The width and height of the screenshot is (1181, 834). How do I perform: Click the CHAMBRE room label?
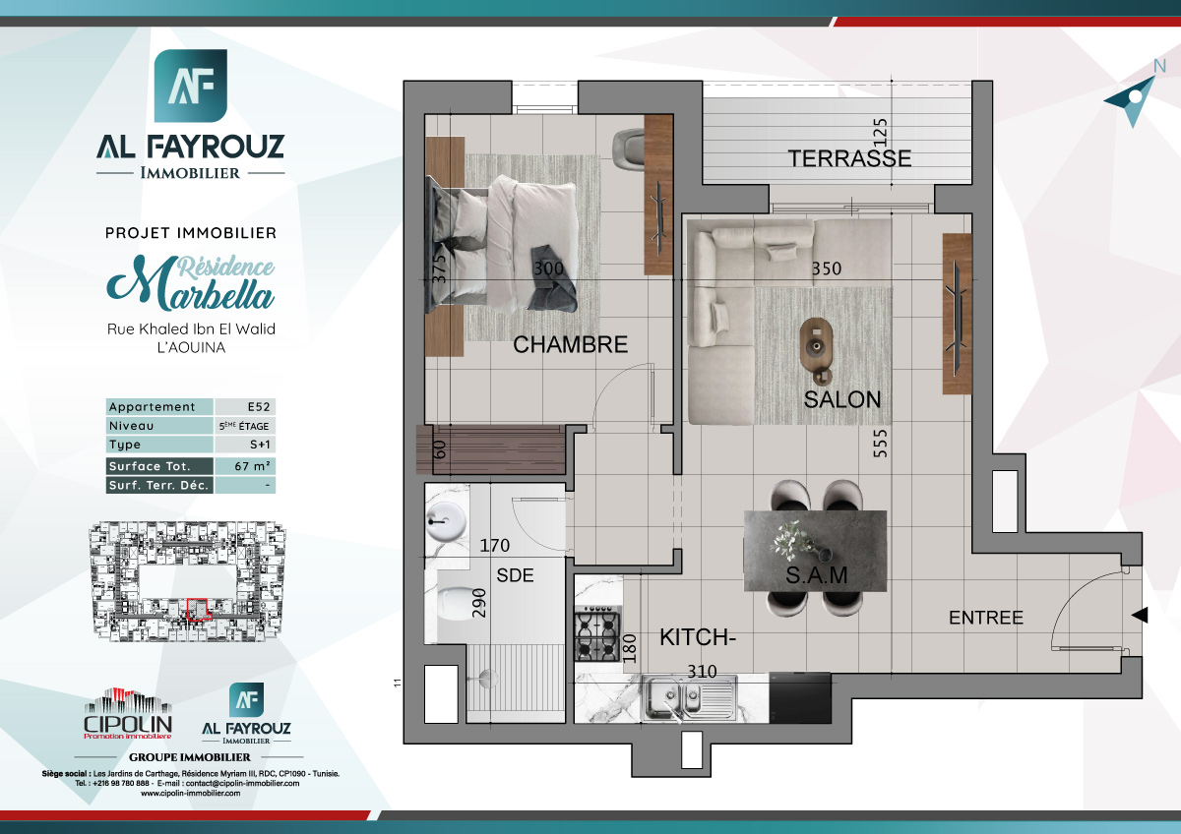click(x=570, y=345)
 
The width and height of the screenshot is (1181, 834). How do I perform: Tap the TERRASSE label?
click(x=848, y=158)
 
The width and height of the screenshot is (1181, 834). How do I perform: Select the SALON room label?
click(x=841, y=400)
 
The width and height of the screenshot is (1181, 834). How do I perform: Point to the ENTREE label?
click(x=985, y=619)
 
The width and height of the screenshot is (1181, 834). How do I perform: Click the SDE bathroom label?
click(x=515, y=575)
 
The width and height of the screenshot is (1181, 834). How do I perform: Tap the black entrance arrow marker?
click(x=1140, y=616)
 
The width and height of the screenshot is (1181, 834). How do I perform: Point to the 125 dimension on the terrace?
click(x=881, y=131)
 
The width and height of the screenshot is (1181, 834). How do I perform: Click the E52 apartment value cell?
click(x=244, y=407)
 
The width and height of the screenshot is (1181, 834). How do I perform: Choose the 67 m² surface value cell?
click(x=244, y=466)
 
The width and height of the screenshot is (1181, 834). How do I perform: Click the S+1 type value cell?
click(x=244, y=446)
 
